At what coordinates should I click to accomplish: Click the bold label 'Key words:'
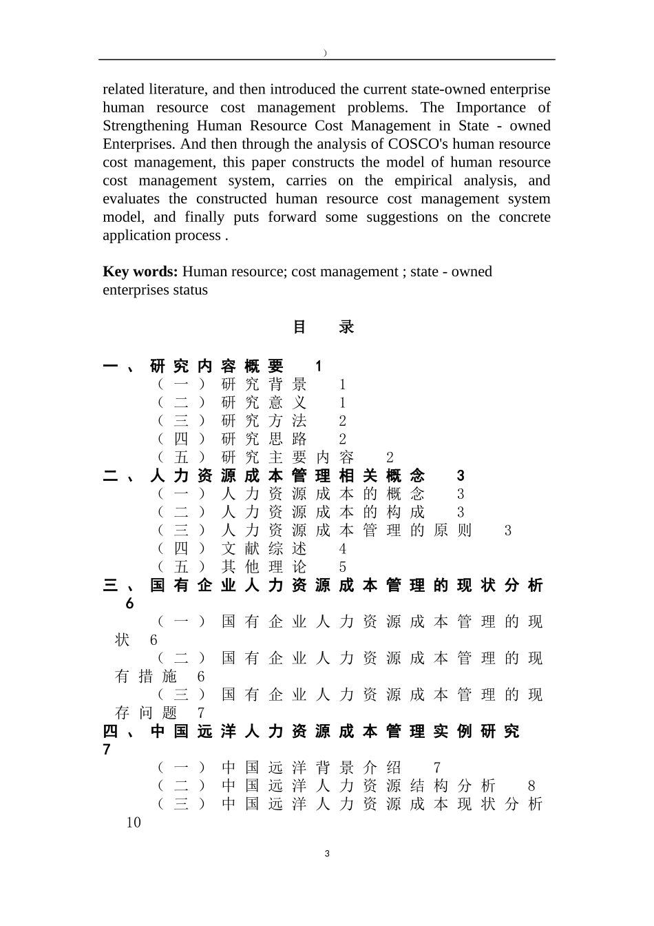click(x=140, y=271)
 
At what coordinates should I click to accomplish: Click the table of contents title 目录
click(x=324, y=327)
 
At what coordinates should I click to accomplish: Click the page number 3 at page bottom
click(x=327, y=854)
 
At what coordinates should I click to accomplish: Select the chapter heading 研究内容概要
click(x=216, y=366)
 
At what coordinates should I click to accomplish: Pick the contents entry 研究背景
click(x=264, y=384)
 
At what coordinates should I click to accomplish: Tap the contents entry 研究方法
click(x=264, y=421)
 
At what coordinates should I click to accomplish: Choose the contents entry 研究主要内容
click(x=287, y=457)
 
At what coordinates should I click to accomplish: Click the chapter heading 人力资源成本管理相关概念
click(x=287, y=475)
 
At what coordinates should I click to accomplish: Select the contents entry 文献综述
click(x=264, y=549)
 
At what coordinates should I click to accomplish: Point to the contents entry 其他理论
click(x=264, y=567)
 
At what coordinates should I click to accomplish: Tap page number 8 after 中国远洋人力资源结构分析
click(x=531, y=786)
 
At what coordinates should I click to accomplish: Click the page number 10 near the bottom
click(x=134, y=823)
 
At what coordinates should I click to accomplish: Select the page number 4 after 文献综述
click(x=343, y=549)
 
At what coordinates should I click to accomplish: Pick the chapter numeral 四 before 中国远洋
click(x=110, y=731)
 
